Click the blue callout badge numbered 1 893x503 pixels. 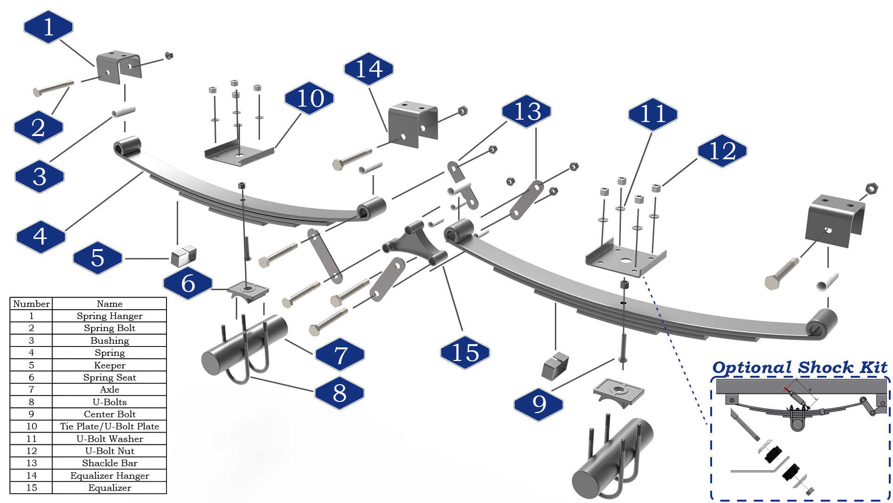(x=48, y=27)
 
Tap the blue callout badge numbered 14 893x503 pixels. (x=369, y=69)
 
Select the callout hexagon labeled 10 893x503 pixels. (x=309, y=98)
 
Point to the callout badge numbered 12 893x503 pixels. (x=722, y=151)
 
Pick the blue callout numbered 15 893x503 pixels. (x=465, y=353)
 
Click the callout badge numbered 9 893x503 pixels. (x=539, y=404)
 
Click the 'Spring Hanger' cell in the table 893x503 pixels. (x=109, y=316)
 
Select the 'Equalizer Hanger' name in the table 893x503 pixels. (x=109, y=476)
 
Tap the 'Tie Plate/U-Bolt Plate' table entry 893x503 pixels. (x=109, y=426)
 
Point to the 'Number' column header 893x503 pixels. (x=31, y=304)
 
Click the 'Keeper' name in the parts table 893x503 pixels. (x=109, y=365)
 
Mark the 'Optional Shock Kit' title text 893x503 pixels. (x=800, y=367)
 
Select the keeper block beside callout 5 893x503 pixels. (x=184, y=255)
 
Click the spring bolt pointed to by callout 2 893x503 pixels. (x=53, y=88)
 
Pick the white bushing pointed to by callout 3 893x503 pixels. (x=123, y=112)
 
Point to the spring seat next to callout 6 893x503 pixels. (x=248, y=291)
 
